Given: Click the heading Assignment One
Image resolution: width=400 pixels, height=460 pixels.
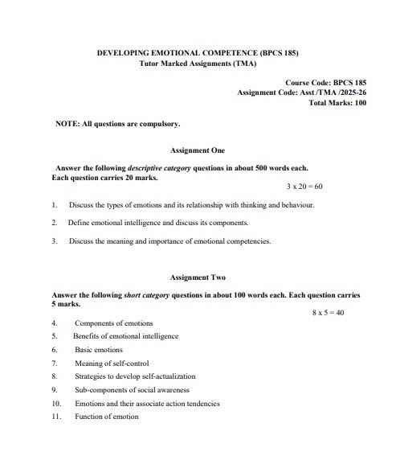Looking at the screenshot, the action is click(x=198, y=150).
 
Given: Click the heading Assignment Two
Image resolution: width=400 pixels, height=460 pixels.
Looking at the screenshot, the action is click(x=198, y=277).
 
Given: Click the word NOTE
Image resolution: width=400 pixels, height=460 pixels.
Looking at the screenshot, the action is click(x=64, y=124).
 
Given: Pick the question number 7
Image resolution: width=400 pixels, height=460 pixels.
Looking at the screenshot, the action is click(x=54, y=363).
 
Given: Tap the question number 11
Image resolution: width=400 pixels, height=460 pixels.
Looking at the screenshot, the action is click(x=55, y=417).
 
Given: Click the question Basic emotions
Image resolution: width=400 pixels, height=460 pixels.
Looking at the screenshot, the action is click(x=99, y=350).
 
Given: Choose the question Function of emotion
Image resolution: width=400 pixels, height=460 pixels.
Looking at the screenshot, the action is click(x=107, y=417).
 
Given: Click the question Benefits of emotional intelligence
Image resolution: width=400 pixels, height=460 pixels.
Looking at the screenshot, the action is click(x=126, y=336).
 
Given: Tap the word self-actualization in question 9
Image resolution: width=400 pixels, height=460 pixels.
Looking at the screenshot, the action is click(x=170, y=376).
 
